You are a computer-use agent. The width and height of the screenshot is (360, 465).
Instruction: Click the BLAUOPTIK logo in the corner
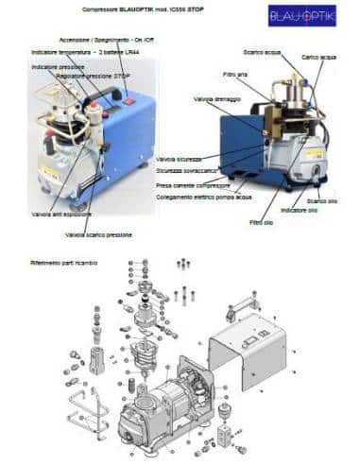pos(301,15)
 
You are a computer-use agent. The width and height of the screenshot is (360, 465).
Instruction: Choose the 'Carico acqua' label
pos(320,59)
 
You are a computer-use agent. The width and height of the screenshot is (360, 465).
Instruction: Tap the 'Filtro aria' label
pos(234,76)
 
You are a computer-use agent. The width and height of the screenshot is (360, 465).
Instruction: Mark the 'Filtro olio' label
pos(262,221)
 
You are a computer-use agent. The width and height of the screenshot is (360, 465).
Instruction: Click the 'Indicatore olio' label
pos(300,210)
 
